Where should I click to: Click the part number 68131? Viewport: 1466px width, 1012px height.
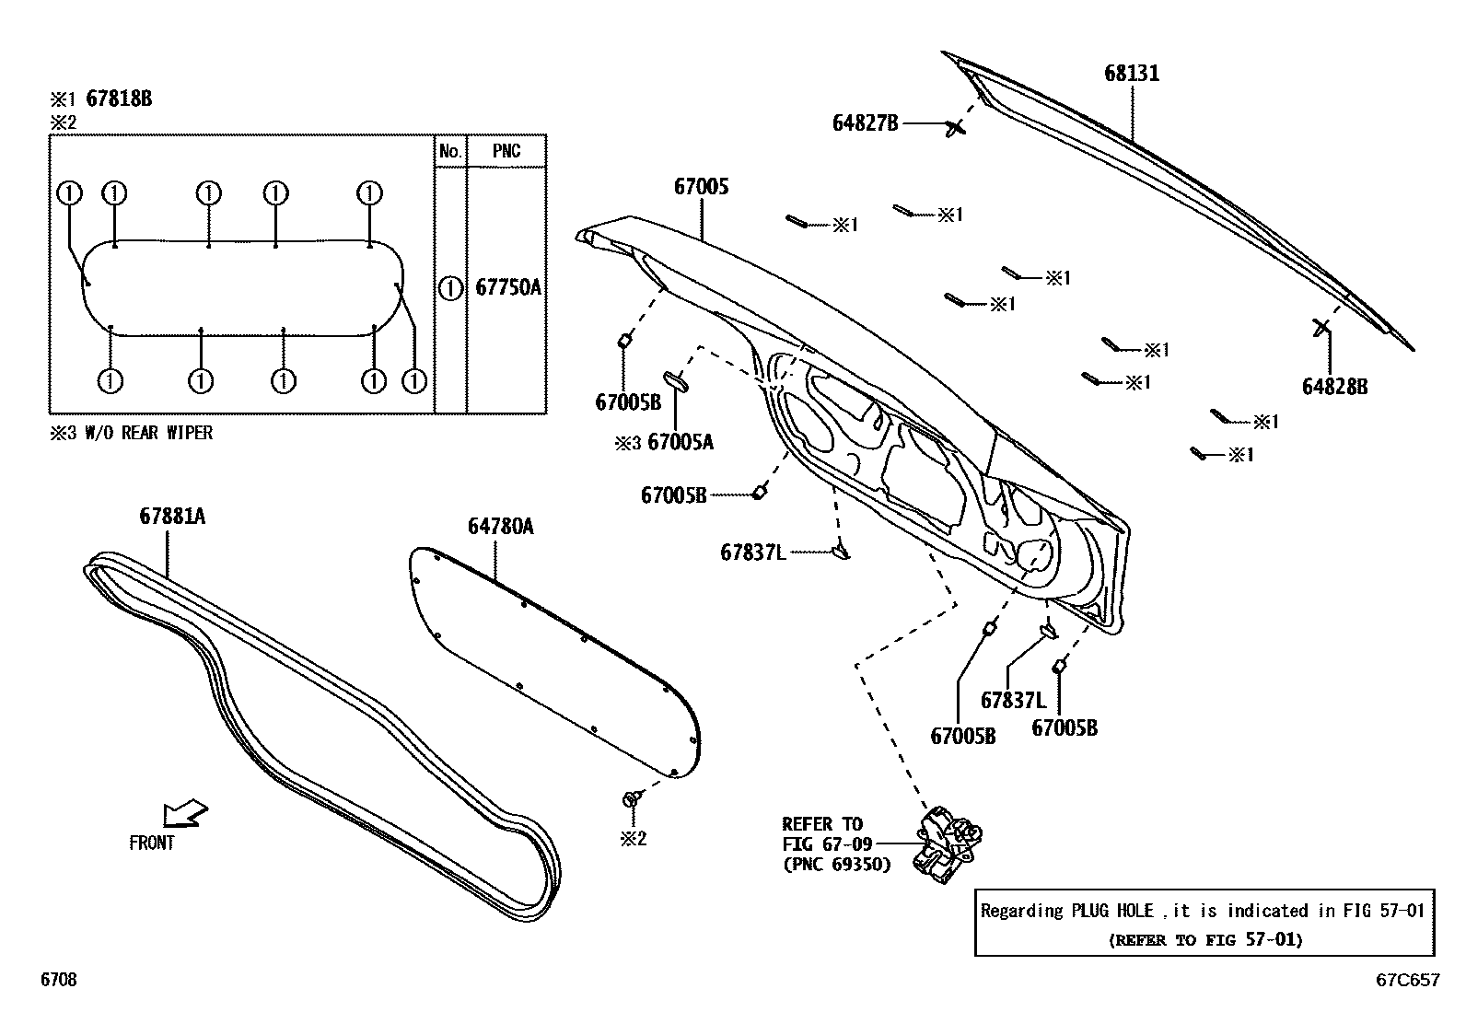1132,73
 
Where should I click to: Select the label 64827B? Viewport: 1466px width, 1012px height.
865,122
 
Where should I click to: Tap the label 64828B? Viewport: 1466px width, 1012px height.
1334,387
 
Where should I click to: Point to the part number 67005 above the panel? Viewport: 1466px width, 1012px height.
701,186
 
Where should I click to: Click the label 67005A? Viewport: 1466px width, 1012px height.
681,442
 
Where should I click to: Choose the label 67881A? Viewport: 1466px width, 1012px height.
172,516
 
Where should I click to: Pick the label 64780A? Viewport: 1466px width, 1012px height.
500,526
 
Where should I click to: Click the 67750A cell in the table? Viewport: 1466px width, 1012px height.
507,287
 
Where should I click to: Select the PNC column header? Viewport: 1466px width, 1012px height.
506,151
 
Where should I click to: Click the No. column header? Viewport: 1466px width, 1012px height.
450,151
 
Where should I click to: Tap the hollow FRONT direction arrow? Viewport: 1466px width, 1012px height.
185,814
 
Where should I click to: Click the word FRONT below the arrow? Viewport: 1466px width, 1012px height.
152,843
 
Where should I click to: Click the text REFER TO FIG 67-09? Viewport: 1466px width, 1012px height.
822,833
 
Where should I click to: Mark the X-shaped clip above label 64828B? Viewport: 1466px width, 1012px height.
1321,326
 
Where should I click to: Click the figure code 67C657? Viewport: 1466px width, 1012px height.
1407,981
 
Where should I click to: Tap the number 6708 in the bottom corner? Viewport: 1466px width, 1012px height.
58,981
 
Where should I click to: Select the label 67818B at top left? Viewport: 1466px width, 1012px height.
119,99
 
